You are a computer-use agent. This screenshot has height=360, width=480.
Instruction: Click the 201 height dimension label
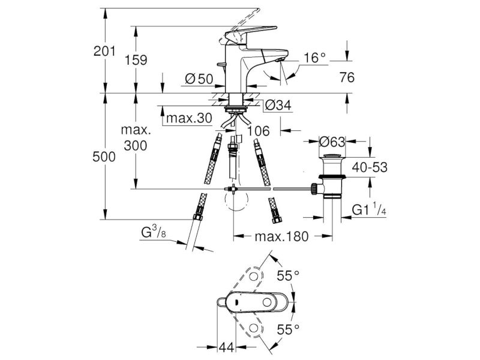104,51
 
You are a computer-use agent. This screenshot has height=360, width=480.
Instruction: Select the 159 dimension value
136,60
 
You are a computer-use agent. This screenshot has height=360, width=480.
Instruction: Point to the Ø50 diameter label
199,79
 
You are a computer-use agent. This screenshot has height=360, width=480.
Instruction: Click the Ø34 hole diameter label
278,106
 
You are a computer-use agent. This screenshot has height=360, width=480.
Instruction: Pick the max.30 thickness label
189,118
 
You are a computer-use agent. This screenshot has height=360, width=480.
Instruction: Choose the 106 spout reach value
259,131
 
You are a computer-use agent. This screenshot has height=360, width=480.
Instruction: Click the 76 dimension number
347,77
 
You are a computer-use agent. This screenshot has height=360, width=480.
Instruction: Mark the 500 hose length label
104,157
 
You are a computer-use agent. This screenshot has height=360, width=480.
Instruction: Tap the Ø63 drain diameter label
332,142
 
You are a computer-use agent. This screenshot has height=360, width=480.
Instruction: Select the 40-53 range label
370,167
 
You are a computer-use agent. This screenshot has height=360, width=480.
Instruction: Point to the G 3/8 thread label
154,232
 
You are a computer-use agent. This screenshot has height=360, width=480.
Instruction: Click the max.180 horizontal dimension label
281,236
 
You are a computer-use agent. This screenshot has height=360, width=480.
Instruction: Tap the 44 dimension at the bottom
227,347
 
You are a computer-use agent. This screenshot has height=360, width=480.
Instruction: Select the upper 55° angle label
288,276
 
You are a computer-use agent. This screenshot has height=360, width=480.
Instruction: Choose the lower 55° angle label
288,330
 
